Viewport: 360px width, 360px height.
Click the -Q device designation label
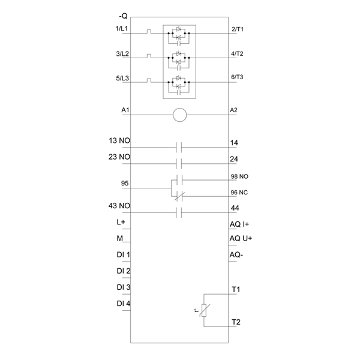click(123, 16)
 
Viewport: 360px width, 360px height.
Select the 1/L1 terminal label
click(121, 28)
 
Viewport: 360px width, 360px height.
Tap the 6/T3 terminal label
click(237, 77)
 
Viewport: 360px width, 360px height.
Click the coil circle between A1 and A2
click(180, 115)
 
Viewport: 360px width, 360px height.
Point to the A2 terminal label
click(233, 110)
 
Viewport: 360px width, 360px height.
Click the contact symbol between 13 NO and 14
click(179, 147)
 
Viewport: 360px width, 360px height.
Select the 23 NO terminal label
click(119, 157)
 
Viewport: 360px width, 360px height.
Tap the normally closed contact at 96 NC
click(179, 196)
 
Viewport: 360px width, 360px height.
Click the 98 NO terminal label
click(239, 176)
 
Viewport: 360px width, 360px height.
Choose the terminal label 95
click(125, 183)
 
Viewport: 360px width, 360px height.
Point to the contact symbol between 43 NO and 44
click(179, 212)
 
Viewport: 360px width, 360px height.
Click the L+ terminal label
click(121, 222)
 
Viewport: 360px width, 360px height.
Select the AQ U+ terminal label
click(241, 238)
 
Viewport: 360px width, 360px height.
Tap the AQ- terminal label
click(236, 254)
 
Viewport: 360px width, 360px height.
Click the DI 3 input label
click(124, 287)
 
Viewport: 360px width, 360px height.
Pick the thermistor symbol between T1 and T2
click(204, 310)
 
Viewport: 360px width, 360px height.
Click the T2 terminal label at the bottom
click(236, 322)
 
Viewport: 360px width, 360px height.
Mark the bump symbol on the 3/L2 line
click(149, 56)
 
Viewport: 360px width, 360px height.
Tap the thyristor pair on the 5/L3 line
click(179, 82)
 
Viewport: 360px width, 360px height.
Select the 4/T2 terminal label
click(237, 53)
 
